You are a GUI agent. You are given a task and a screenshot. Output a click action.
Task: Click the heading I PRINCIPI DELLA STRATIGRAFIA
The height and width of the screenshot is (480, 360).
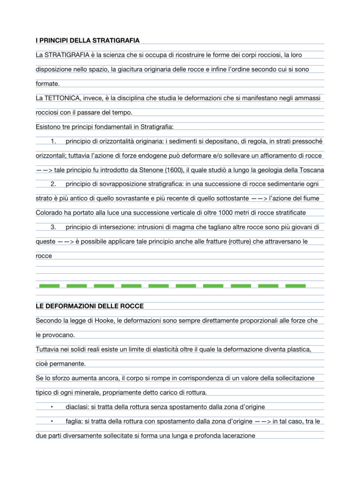(x=87, y=41)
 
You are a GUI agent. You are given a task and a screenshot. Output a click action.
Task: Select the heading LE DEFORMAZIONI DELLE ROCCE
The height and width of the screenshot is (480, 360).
(x=90, y=306)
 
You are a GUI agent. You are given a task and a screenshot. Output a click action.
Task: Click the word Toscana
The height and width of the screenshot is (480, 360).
(x=309, y=170)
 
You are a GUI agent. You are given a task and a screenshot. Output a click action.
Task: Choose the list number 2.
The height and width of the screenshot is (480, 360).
(x=53, y=184)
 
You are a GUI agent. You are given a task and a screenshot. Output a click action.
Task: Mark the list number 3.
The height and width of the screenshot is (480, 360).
(x=53, y=227)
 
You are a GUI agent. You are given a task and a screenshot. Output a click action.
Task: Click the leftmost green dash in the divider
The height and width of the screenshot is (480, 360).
(x=49, y=285)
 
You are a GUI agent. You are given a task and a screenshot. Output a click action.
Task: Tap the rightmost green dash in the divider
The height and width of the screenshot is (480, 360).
(x=295, y=285)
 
